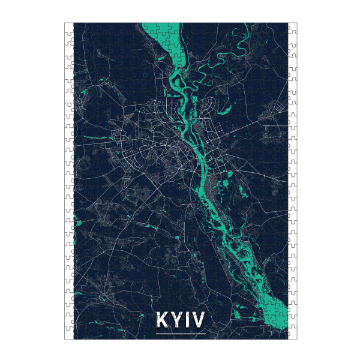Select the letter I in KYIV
[187, 320]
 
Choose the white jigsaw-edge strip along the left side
[68, 180]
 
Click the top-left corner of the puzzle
[65, 24]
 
